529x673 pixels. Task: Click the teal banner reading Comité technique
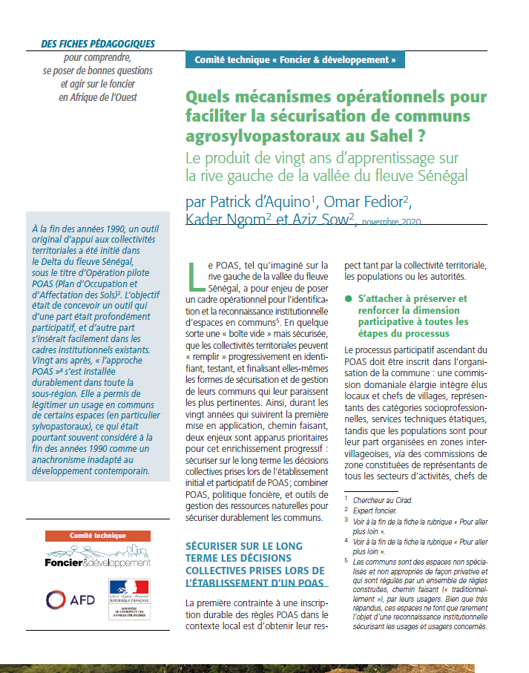(x=295, y=59)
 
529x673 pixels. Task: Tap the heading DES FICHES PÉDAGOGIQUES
(x=98, y=44)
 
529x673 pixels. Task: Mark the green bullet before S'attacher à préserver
(x=349, y=299)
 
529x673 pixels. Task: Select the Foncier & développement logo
(x=97, y=557)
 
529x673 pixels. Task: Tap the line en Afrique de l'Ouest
(x=98, y=96)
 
